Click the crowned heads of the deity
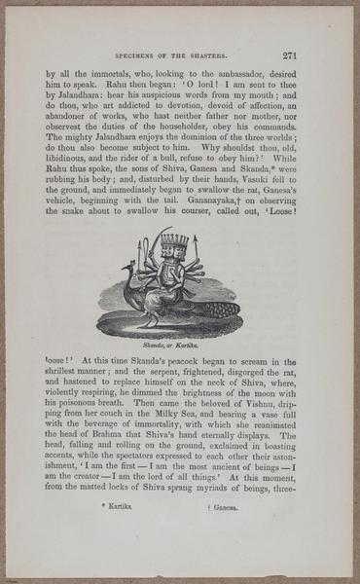pyautogui.click(x=171, y=242)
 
